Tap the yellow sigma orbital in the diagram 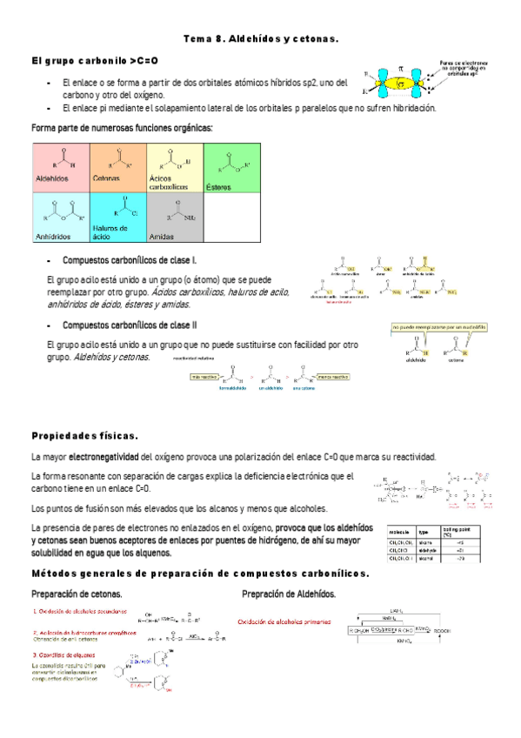coord(402,84)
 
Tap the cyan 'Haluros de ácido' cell coord(117,216)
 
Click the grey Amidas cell coord(174,216)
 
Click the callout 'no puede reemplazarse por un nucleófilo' coord(438,327)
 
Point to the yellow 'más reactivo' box coord(204,377)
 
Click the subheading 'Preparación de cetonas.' coord(76,594)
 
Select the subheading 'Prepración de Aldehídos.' coord(288,594)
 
